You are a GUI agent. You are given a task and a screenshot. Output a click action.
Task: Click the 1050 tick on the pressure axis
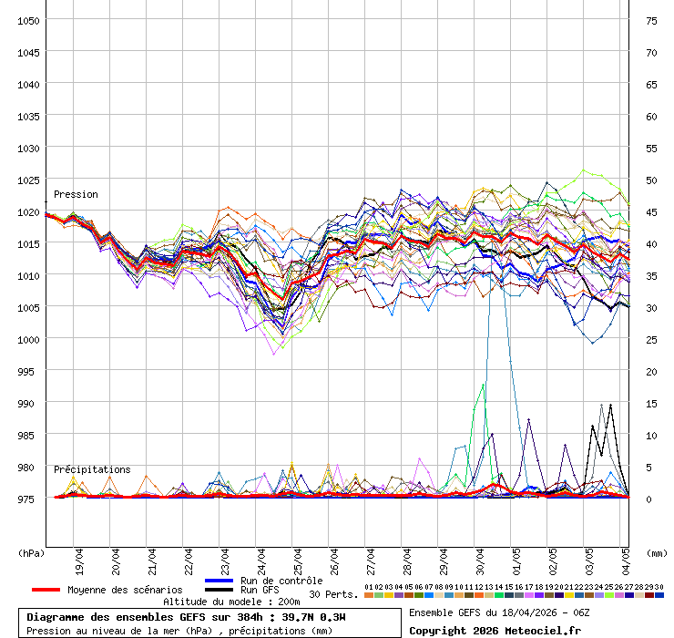point(27,20)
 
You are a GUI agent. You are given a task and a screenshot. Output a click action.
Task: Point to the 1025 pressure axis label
point(27,180)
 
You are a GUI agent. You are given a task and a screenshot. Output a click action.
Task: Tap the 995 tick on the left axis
point(27,371)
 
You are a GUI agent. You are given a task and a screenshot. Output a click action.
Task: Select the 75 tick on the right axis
point(651,20)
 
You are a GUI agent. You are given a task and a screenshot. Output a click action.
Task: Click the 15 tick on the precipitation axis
point(651,403)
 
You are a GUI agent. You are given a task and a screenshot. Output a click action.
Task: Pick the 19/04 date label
point(80,559)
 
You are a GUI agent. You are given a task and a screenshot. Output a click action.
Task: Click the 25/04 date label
point(299,559)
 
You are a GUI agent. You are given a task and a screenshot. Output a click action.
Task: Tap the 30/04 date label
point(481,559)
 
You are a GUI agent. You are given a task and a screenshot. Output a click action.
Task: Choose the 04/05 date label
point(627,559)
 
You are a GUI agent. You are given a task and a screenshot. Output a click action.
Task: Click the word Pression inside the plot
point(76,194)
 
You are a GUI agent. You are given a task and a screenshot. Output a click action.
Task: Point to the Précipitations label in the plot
point(92,469)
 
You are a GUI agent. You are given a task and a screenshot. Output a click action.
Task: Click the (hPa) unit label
point(31,552)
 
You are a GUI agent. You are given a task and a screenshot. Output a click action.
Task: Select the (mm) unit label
point(656,552)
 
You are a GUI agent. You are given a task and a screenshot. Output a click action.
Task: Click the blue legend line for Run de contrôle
point(220,581)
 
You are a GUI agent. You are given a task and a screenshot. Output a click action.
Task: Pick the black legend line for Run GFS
point(220,590)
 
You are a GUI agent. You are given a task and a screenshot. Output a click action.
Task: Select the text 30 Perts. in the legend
point(332,594)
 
